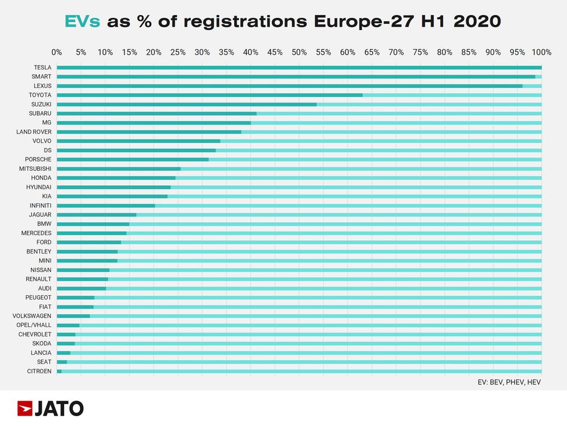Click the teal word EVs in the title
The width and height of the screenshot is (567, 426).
[82, 21]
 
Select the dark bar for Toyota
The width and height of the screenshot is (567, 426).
[209, 95]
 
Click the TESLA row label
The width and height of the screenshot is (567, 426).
[42, 67]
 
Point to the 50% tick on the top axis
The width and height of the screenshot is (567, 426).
[299, 53]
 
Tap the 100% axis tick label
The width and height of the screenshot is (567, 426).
[541, 53]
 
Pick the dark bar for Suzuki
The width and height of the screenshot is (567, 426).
[186, 104]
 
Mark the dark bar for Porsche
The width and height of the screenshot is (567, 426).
[132, 159]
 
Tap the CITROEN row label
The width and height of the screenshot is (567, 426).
[40, 371]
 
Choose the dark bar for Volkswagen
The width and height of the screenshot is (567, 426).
[73, 316]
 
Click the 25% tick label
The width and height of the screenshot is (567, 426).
[178, 53]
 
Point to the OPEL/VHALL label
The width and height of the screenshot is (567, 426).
[35, 325]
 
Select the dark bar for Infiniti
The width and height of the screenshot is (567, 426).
[106, 205]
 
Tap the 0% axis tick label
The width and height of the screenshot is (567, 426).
[57, 53]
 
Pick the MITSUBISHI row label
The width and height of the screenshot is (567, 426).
[35, 168]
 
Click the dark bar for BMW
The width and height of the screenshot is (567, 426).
[93, 224]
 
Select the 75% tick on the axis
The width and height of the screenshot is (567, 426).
[420, 53]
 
